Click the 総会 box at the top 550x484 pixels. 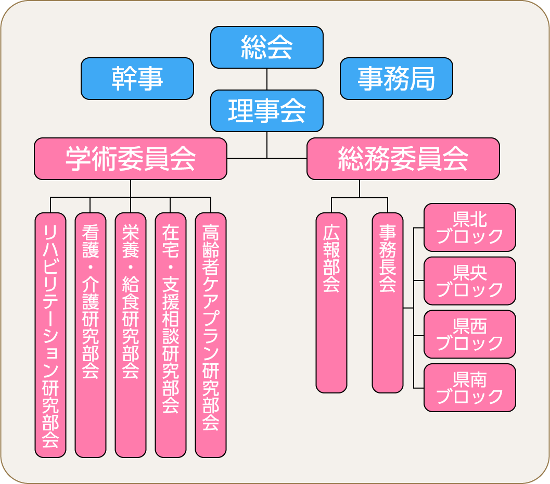266,47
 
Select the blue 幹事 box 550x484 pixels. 137,79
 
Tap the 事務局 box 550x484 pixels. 396,79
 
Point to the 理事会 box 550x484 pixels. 266,111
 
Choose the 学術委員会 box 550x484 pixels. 131,159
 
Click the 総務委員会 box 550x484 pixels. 403,159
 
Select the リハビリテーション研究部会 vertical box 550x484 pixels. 50,335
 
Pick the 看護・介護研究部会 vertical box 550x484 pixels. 91,335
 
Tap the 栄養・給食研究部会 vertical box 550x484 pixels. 131,335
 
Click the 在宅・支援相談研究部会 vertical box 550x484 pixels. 171,335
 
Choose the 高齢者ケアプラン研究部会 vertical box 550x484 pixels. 210,335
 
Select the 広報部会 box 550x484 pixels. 331,303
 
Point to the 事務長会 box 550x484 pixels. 388,303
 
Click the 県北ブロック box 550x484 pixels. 470,227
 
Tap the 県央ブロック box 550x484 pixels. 470,281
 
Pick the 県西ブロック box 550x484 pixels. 470,334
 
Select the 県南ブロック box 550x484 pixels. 470,388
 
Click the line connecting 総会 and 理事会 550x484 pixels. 267,79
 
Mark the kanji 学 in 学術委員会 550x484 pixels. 78,159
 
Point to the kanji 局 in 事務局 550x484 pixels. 423,79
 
